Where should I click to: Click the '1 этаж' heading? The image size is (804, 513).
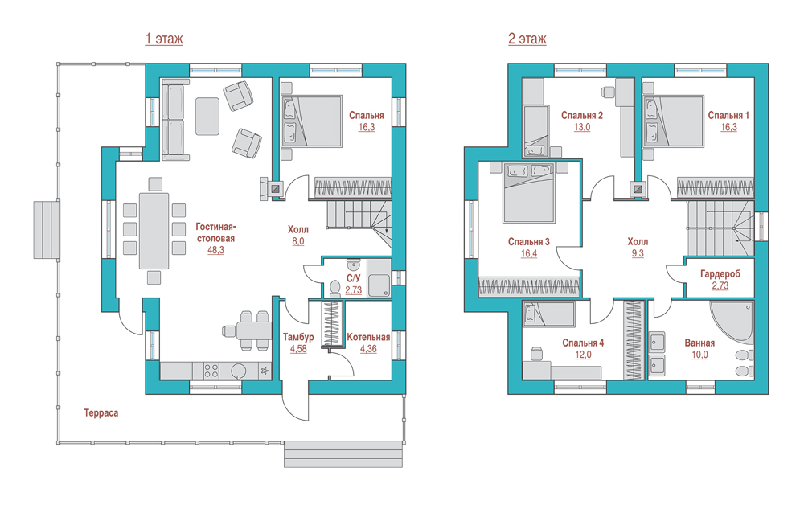164,39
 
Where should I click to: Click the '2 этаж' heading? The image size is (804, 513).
527,39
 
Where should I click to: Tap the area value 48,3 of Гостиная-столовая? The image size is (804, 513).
215,250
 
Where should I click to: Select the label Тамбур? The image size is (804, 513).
298,337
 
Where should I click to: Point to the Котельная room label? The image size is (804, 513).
369,337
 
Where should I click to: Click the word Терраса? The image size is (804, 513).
101,413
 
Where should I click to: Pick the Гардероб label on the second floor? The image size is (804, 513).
720,274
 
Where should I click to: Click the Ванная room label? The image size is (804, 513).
700,343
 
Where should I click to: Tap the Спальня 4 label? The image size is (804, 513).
583,343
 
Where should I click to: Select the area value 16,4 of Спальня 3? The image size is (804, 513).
529,253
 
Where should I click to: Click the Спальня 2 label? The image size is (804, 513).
582,116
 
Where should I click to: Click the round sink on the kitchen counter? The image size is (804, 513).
239,371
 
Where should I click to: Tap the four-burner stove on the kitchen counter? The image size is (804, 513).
211,371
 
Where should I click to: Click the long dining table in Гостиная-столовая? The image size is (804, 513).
154,231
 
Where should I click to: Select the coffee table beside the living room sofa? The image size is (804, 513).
207,117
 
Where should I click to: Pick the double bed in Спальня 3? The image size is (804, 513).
529,193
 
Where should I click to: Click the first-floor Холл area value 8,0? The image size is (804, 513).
298,241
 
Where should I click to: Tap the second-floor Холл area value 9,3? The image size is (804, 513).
638,253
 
